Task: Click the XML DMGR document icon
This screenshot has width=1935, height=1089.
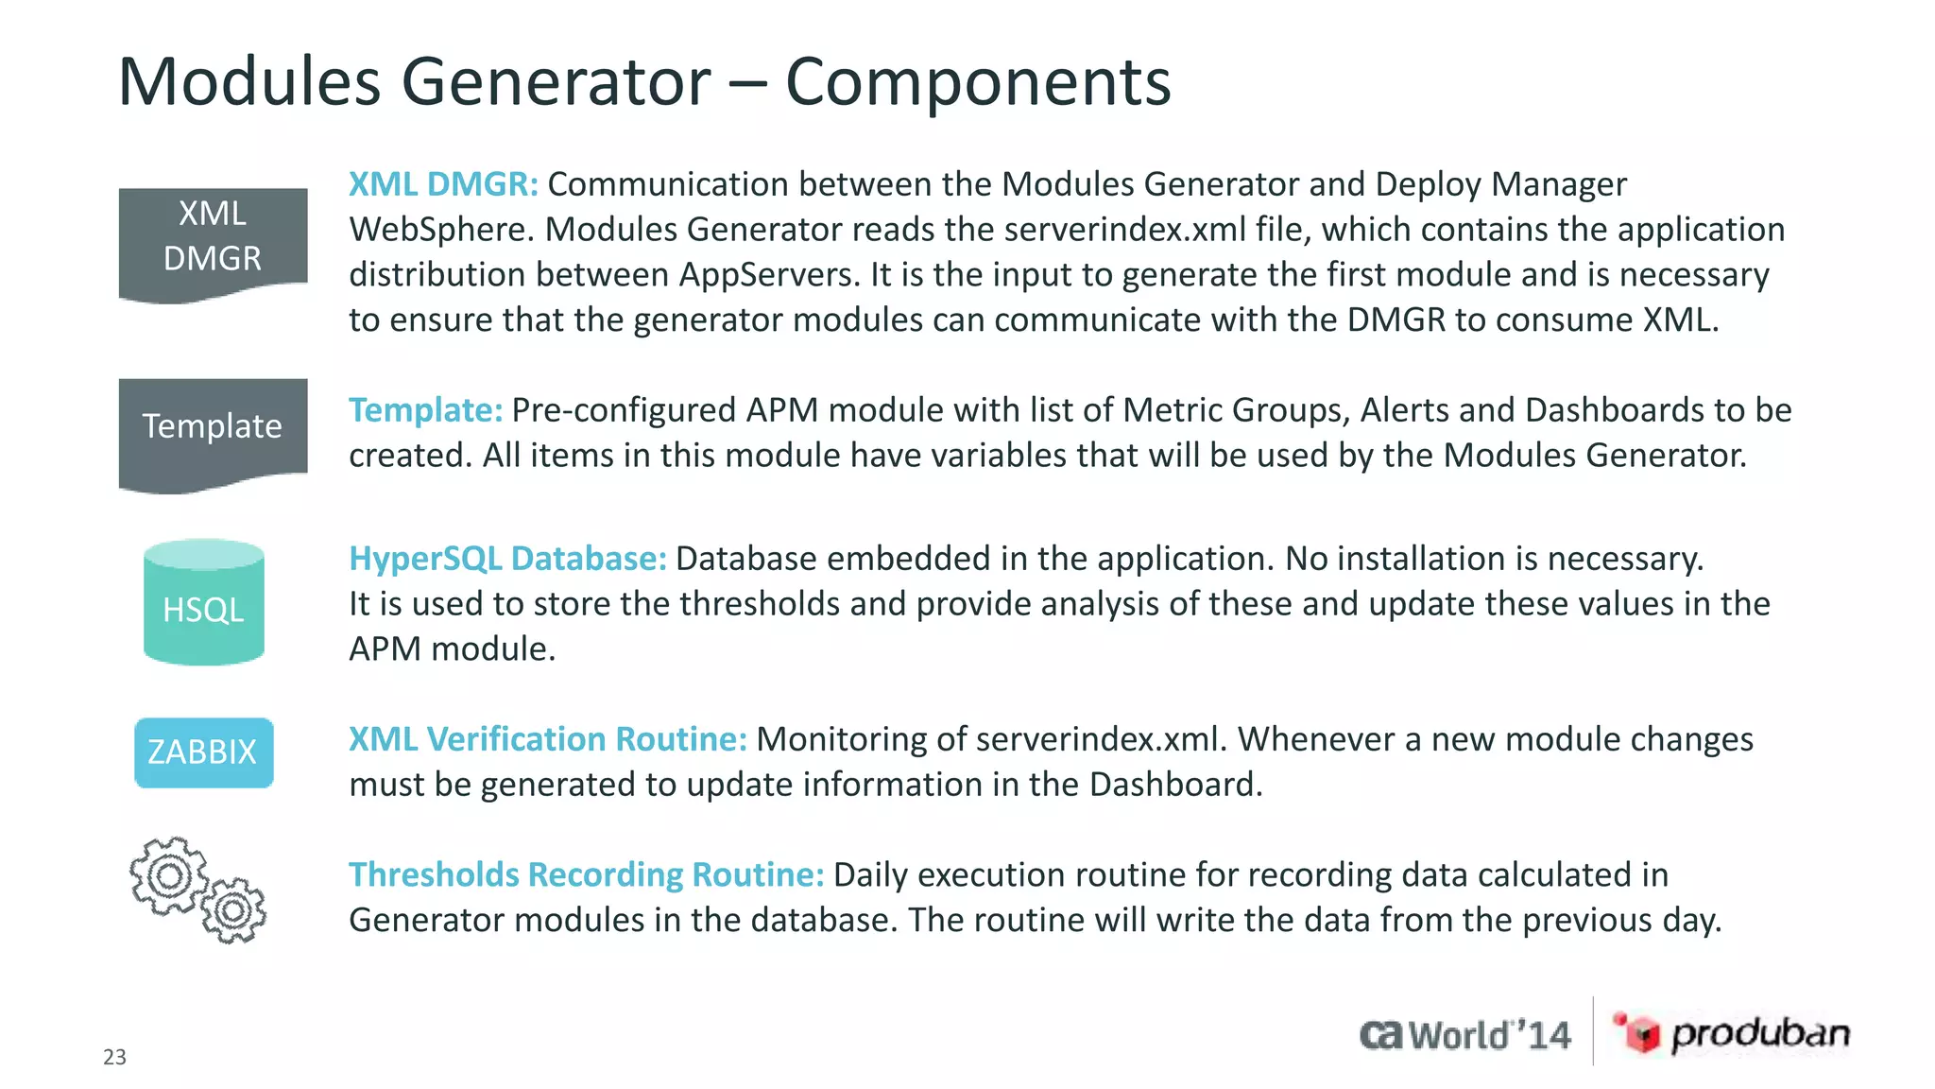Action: click(213, 244)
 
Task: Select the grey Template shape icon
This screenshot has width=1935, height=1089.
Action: click(213, 431)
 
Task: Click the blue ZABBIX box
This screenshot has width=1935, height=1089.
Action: click(204, 752)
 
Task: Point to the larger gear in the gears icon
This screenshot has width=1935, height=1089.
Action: click(169, 875)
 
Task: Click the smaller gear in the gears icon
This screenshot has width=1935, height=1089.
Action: click(233, 910)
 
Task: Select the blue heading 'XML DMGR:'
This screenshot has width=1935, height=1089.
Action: click(443, 184)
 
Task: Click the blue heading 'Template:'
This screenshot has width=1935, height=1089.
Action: click(425, 410)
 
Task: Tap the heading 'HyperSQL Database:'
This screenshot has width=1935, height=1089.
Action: click(507, 559)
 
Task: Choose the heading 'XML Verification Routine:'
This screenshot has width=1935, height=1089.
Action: click(548, 739)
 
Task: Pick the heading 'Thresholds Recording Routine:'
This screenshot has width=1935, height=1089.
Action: click(587, 875)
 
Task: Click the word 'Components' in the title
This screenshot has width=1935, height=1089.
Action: click(978, 82)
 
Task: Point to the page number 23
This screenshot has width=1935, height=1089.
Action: click(114, 1057)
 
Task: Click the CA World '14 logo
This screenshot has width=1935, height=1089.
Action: click(1465, 1035)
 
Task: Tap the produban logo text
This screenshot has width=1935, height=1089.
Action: click(1760, 1034)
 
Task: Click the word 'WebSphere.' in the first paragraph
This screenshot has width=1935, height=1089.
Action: click(442, 230)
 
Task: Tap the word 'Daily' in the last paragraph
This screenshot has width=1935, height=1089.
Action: click(870, 875)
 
